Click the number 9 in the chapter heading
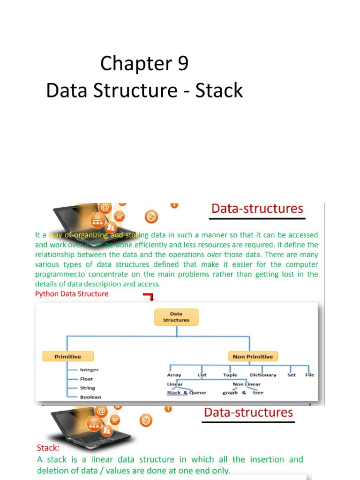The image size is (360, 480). click(182, 64)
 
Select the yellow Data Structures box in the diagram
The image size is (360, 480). click(176, 317)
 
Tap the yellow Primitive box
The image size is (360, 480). click(68, 357)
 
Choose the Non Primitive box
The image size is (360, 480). click(253, 357)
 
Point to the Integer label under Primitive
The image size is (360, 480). click(89, 370)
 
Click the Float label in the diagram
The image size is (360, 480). click(86, 379)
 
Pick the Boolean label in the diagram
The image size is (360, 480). click(90, 397)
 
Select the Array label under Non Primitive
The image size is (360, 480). click(174, 375)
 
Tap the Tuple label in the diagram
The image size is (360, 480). click(230, 375)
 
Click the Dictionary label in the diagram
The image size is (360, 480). click(263, 375)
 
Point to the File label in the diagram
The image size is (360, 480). click(309, 375)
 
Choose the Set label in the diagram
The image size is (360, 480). click(292, 375)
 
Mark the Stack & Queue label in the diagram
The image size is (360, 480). click(186, 393)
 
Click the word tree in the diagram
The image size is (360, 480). click(258, 393)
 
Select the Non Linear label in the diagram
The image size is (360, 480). click(247, 384)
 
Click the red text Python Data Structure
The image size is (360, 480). click(72, 294)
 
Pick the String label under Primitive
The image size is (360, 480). click(87, 388)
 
